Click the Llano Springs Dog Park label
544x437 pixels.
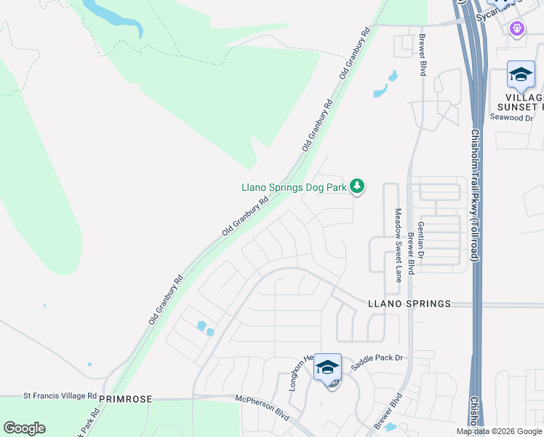pos(294,187)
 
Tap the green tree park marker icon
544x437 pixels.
pos(356,187)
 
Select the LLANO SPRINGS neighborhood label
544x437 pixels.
pos(409,304)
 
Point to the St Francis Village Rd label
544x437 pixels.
pos(60,395)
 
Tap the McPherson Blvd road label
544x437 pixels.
pos(263,407)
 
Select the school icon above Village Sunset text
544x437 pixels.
pos(521,74)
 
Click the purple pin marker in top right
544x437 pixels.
pos(517,28)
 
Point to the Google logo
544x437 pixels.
pos(24,428)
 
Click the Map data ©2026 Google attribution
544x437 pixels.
pos(499,431)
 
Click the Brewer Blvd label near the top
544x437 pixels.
pos(421,55)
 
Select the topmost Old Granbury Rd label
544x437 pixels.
pos(355,54)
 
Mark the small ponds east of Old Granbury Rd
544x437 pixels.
pos(385,84)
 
